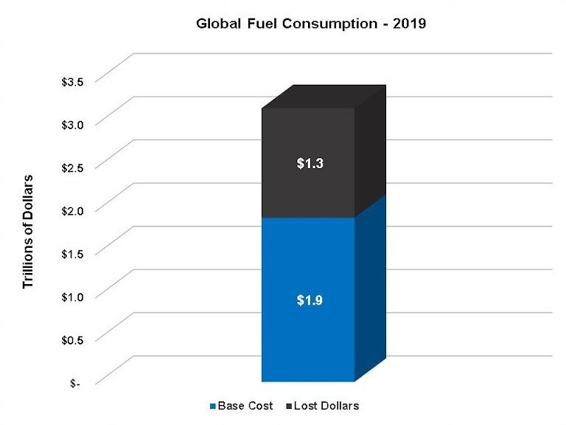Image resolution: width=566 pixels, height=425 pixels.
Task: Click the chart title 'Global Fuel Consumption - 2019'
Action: click(310, 24)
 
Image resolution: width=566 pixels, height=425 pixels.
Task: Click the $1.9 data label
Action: click(309, 300)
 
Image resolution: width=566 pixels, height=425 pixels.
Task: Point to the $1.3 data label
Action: click(309, 164)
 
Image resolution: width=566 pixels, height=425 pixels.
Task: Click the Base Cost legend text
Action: click(246, 407)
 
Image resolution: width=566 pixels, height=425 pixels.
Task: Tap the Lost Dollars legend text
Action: click(326, 407)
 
